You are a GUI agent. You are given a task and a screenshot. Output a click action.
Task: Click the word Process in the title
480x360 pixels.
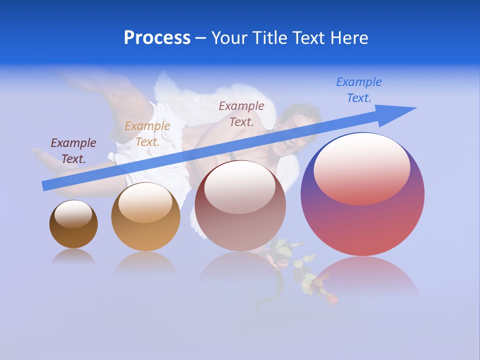point(157,38)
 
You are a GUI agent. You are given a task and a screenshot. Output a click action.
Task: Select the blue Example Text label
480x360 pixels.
point(358,90)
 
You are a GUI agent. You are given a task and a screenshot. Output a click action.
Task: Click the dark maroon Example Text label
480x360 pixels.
point(73,151)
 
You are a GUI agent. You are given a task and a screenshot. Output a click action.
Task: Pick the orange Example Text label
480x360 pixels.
point(147,134)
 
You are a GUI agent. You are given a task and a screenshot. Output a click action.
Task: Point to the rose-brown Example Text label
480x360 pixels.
point(241,113)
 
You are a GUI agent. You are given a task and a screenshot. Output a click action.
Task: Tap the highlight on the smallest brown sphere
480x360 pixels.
point(73,214)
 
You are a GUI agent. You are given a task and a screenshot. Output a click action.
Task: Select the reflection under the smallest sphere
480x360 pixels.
point(73,256)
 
